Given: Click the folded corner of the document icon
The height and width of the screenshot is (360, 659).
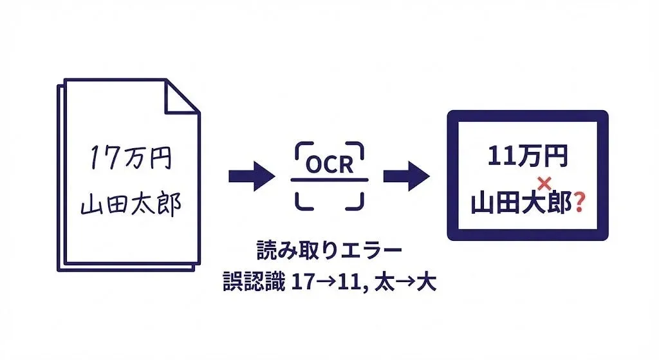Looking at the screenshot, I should pos(181,97).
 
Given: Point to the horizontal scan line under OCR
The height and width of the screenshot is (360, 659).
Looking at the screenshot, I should pos(329,179).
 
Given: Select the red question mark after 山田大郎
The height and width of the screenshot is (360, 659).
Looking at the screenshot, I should pos(579,204).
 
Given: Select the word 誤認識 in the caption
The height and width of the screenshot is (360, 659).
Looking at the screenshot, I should pos(252,282).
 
